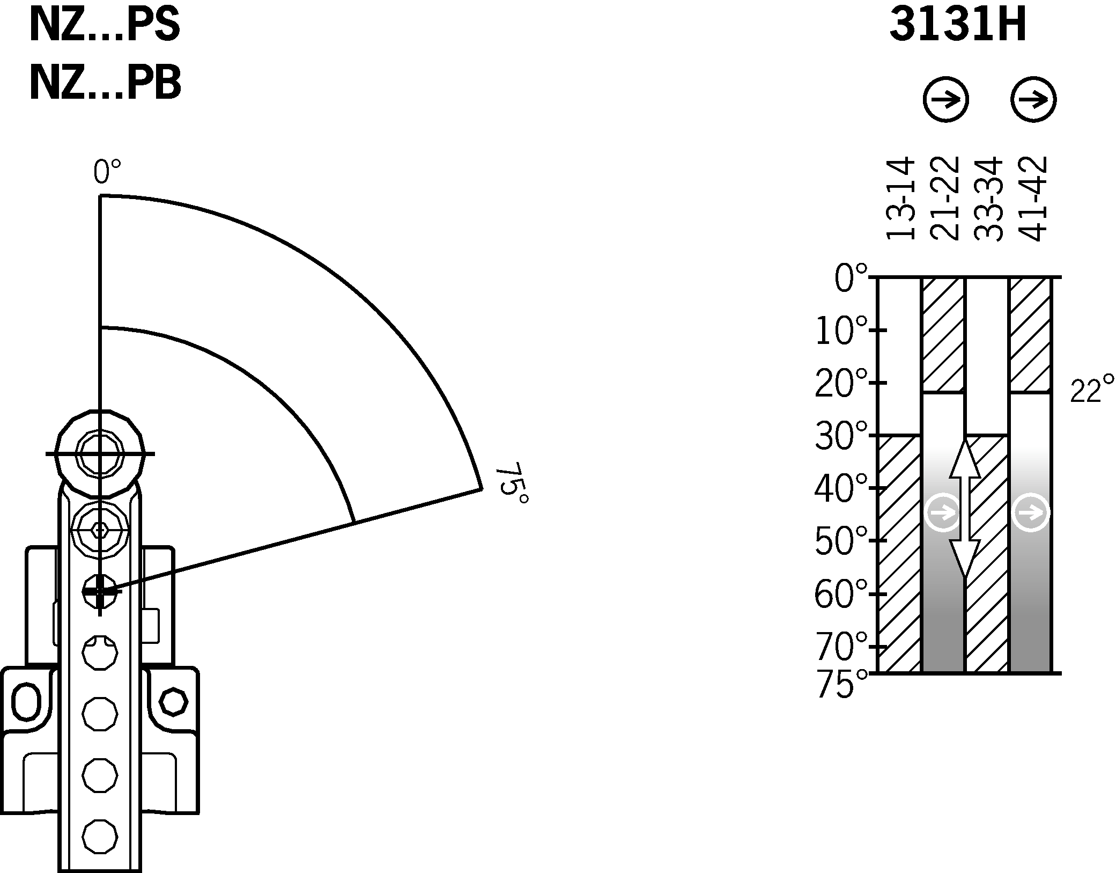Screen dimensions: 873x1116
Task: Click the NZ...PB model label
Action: click(x=105, y=84)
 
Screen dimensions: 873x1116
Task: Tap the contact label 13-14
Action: click(x=899, y=199)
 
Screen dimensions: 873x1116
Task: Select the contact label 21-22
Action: click(x=944, y=199)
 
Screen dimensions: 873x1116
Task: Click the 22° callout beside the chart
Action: click(x=1092, y=391)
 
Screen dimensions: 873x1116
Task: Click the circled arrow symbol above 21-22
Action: click(x=945, y=100)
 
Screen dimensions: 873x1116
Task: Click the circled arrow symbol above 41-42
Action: click(x=1033, y=100)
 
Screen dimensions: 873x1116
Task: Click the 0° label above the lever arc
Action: click(x=107, y=172)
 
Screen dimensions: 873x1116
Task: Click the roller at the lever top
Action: click(x=100, y=454)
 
